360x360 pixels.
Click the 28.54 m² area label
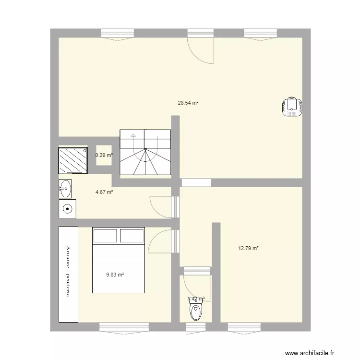pyautogui.click(x=188, y=103)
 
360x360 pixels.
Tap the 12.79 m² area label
pyautogui.click(x=249, y=248)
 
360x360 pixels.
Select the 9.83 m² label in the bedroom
pyautogui.click(x=115, y=275)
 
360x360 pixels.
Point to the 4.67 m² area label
pyautogui.click(x=104, y=192)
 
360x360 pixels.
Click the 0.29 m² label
pyautogui.click(x=104, y=155)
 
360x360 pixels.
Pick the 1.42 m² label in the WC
pyautogui.click(x=196, y=299)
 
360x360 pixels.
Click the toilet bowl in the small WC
pyautogui.click(x=196, y=311)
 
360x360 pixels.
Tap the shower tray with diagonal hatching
pyautogui.click(x=73, y=160)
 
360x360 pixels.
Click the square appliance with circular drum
pyautogui.click(x=68, y=208)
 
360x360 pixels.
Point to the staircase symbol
pyautogui.click(x=145, y=152)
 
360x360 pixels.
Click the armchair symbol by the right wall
pyautogui.click(x=291, y=107)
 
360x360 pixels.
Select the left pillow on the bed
pyautogui.click(x=105, y=236)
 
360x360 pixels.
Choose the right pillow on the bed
pyautogui.click(x=132, y=236)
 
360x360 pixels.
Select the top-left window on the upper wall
pyautogui.click(x=117, y=34)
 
